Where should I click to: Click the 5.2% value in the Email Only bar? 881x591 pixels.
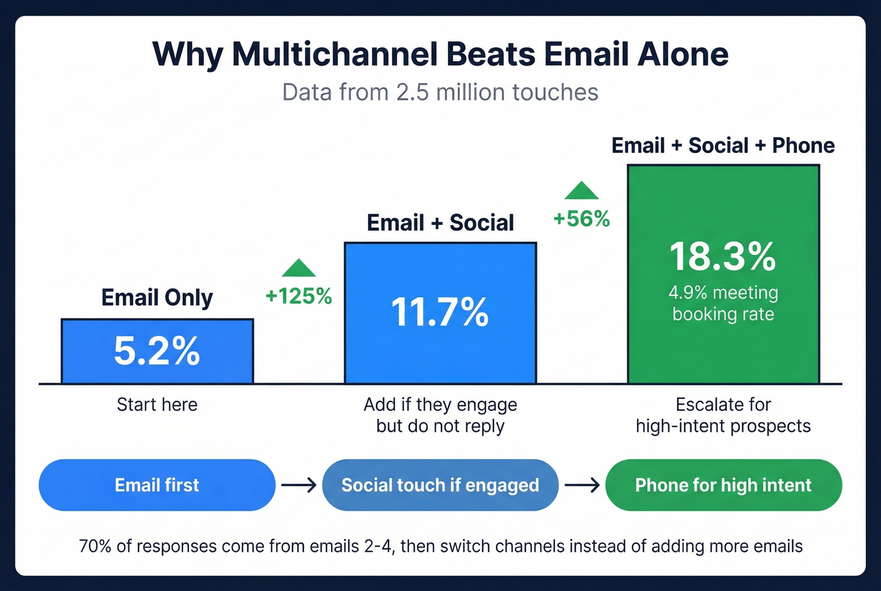pos(157,351)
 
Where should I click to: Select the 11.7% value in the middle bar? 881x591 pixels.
pos(440,312)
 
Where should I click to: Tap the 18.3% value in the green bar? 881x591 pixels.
pos(723,256)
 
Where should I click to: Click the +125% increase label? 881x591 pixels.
pos(298,296)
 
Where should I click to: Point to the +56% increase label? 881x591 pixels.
pos(581,219)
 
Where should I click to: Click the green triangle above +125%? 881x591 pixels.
pos(299,269)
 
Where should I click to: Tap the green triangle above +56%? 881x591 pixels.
pos(581,191)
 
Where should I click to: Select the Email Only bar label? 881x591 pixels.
pos(157,298)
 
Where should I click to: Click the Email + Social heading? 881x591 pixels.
pos(440,223)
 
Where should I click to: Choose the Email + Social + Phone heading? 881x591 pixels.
pos(723,145)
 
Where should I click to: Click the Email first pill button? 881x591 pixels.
pos(157,485)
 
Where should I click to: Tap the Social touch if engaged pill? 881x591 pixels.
pos(440,485)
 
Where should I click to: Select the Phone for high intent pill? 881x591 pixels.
pos(723,485)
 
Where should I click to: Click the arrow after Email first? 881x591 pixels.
pos(299,485)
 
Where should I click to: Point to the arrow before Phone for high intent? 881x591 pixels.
pos(582,485)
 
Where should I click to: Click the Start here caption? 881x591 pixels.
pos(157,405)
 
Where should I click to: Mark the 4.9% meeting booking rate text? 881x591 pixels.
pos(723,303)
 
